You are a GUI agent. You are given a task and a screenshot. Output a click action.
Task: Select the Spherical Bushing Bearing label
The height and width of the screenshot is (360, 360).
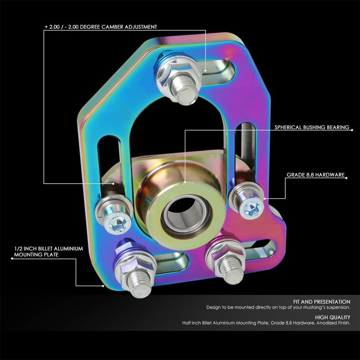[x=312, y=127]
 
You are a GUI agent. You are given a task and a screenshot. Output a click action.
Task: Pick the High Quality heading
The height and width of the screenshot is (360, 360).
[x=333, y=317]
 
